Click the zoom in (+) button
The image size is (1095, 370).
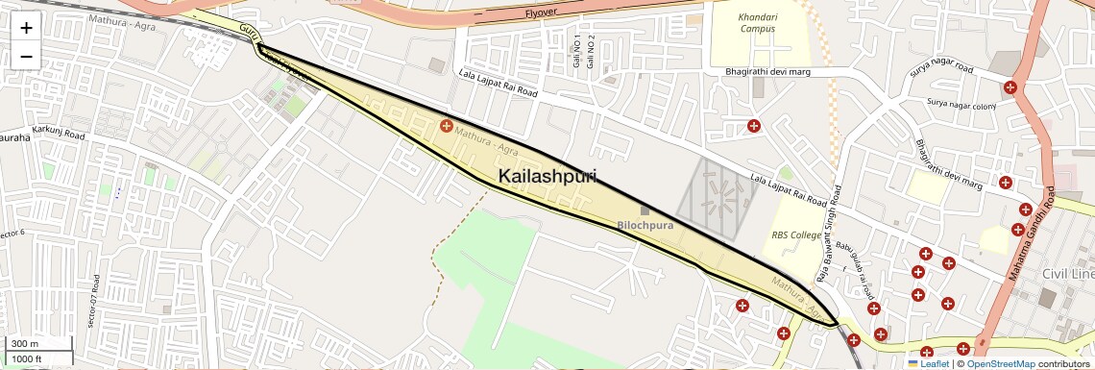(26, 28)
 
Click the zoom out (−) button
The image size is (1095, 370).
(26, 57)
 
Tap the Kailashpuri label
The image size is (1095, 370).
(547, 177)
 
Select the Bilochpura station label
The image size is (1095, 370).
(645, 226)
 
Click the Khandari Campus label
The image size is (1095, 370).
(757, 23)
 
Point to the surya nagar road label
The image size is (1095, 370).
(941, 70)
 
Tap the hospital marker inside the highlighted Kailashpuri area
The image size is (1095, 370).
(446, 126)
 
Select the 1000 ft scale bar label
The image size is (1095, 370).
(27, 358)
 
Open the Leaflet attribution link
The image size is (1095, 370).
(928, 363)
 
